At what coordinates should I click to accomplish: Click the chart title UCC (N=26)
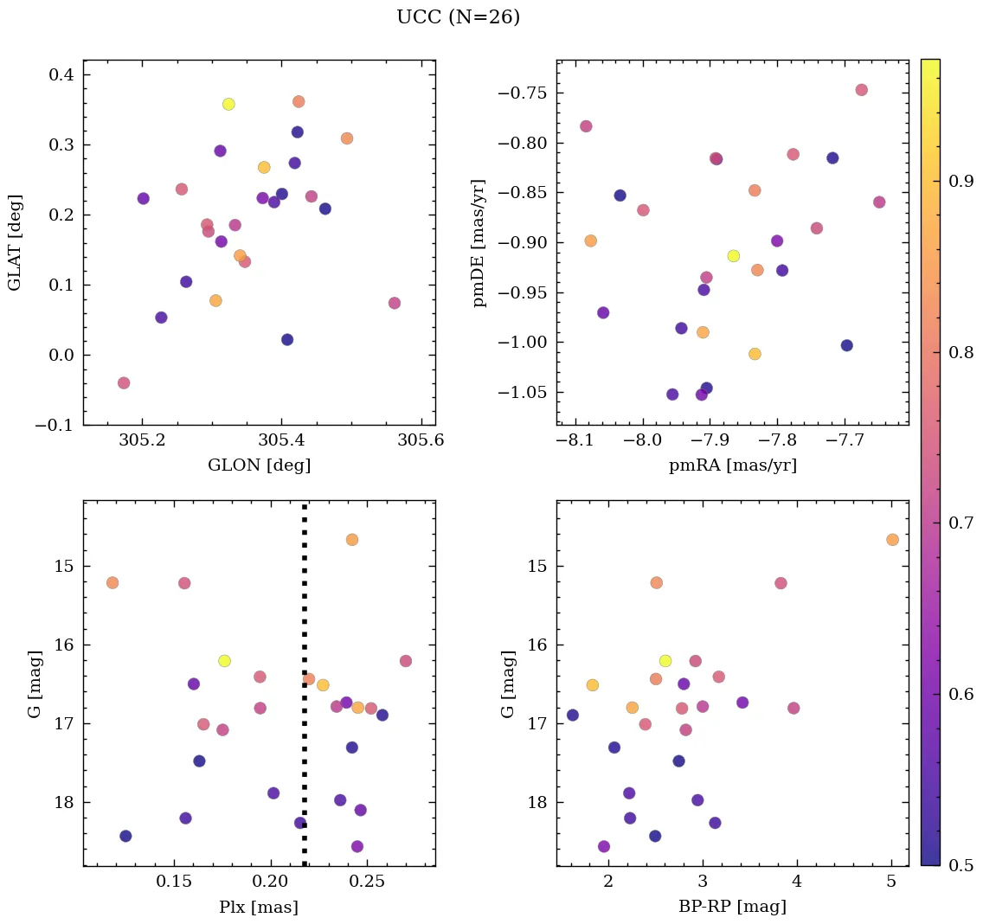[458, 17]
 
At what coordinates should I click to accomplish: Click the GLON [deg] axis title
[259, 465]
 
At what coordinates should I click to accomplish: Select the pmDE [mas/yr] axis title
[479, 243]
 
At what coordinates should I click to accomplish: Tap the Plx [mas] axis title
[259, 907]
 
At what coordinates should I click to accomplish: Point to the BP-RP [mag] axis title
[732, 907]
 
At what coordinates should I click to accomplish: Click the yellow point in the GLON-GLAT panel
[228, 104]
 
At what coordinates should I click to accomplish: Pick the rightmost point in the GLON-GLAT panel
[395, 303]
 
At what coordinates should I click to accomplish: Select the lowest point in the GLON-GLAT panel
[124, 382]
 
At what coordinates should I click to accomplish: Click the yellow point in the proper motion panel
[734, 255]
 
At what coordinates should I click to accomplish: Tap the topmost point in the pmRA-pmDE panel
[862, 90]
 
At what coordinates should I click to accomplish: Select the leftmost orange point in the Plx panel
[112, 582]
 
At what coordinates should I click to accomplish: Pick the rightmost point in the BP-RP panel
[892, 539]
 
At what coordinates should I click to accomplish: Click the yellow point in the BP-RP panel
[665, 660]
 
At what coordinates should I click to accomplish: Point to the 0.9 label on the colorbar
[956, 181]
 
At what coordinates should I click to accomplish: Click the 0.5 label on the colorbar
[956, 865]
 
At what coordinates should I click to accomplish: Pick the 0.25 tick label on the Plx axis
[368, 882]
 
